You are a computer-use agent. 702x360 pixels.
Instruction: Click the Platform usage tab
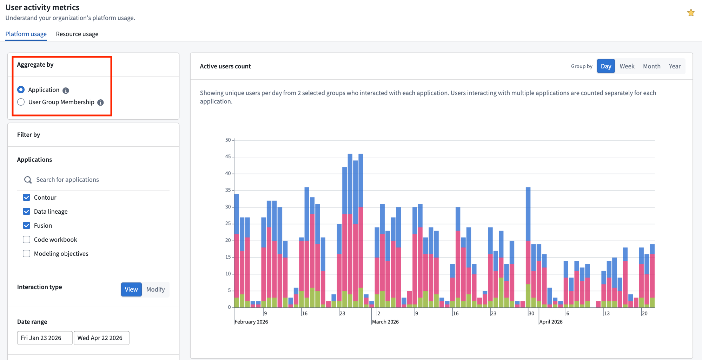pos(26,34)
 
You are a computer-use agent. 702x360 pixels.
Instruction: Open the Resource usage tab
pos(77,34)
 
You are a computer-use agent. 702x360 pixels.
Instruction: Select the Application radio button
pos(21,90)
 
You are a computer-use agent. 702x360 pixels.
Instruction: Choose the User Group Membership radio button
pos(21,102)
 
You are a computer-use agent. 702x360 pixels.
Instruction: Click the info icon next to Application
pos(66,91)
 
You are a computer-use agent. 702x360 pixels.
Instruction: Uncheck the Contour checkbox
pos(26,198)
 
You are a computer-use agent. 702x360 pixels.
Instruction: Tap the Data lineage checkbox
pos(26,212)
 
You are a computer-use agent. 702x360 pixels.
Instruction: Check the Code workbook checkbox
pos(26,240)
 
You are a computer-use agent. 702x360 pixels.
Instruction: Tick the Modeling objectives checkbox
pos(26,254)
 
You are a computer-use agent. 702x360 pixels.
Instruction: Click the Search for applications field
pos(95,180)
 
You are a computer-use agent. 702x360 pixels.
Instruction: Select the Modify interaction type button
pos(155,289)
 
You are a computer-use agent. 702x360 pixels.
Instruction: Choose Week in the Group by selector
pos(627,66)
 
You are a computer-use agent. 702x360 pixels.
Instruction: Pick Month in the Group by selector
pos(651,66)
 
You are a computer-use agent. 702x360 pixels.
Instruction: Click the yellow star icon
pos(691,13)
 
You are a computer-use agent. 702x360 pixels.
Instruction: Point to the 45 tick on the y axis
pos(228,156)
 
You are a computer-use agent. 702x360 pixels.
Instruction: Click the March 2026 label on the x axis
pos(385,322)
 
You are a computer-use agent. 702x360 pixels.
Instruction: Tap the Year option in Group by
pos(674,66)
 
